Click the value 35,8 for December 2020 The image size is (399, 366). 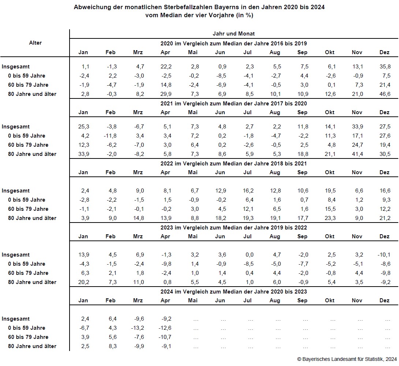click(385, 67)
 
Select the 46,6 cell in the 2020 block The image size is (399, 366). click(385, 94)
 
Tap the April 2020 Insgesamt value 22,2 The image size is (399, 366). click(166, 67)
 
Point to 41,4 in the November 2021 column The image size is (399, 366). click(357, 154)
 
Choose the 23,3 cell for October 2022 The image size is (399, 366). click(330, 218)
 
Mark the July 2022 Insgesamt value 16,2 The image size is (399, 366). click(248, 191)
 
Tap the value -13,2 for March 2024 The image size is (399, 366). click(138, 328)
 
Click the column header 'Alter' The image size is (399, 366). click(36, 43)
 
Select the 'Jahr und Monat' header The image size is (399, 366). click(234, 34)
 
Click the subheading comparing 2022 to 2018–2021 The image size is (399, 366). click(234, 164)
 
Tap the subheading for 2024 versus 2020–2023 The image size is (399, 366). click(234, 292)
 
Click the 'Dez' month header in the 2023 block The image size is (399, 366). click(384, 236)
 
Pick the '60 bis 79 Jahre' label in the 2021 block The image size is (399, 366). click(28, 145)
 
